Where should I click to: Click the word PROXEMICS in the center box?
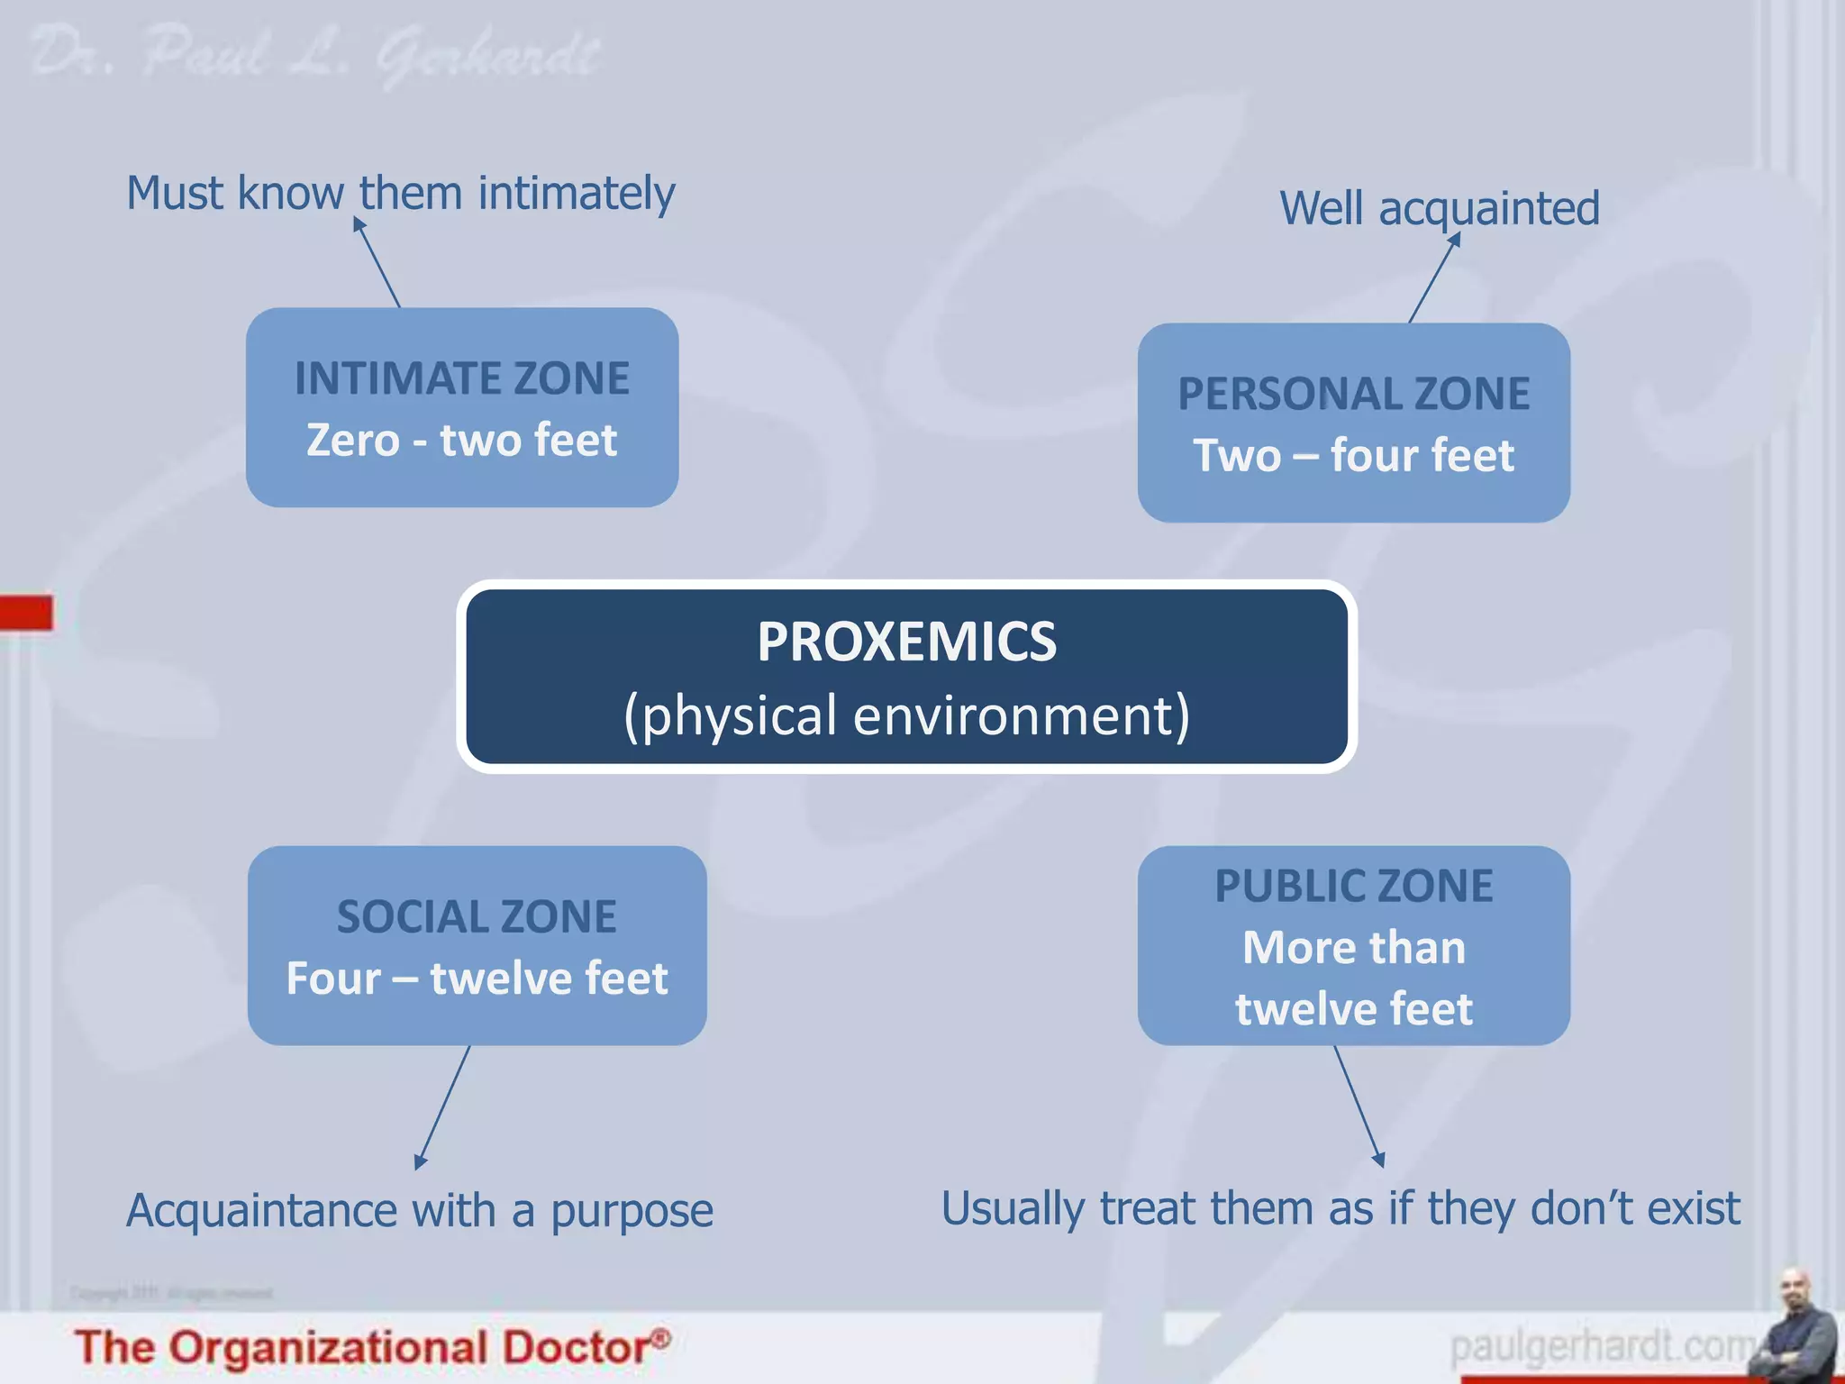point(906,642)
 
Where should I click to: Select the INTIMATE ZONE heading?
point(462,378)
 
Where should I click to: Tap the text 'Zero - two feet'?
point(462,441)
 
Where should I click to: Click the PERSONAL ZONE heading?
point(1353,394)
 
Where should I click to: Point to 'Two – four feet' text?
point(1353,455)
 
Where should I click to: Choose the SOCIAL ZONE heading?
point(477,917)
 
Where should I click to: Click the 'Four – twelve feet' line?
point(477,979)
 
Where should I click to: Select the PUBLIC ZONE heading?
point(1353,886)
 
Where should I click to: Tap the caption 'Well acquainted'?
point(1439,208)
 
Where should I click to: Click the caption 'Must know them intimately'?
point(400,193)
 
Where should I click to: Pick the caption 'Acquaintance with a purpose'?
point(419,1210)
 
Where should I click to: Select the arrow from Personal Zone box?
point(1434,278)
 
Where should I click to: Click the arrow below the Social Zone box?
point(443,1106)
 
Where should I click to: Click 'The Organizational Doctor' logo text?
point(371,1348)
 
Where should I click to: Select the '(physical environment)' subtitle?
point(906,715)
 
